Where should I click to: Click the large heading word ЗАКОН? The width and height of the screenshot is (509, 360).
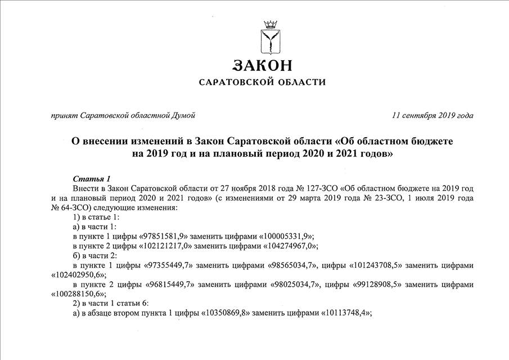coord(263,65)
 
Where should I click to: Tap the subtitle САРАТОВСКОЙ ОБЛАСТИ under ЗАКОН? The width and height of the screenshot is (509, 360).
coord(263,82)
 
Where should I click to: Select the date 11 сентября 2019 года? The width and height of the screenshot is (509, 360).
coord(433,116)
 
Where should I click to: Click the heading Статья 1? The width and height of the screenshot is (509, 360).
coord(92,178)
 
